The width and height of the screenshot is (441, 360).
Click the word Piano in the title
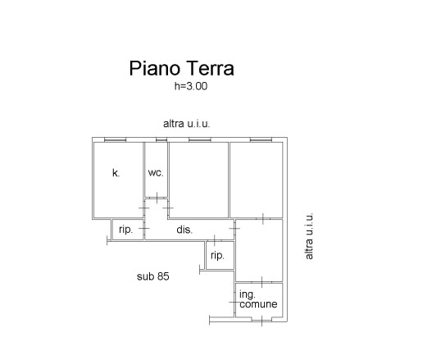tap(154, 68)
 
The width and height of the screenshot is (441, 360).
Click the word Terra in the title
tap(210, 68)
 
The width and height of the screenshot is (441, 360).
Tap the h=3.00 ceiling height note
tap(191, 86)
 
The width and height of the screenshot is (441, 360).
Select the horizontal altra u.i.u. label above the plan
tap(186, 124)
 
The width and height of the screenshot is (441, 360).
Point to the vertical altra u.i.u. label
tap(309, 236)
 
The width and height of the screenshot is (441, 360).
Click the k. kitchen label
tap(116, 172)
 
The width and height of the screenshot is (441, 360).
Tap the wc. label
tap(156, 173)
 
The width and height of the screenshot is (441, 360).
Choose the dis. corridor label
tap(184, 230)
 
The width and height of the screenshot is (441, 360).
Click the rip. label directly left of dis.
tap(125, 230)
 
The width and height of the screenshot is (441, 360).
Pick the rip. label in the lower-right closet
tap(217, 256)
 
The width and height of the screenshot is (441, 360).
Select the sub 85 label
tap(153, 276)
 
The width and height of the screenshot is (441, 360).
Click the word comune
tap(258, 304)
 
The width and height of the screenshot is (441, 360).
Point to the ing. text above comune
tap(248, 295)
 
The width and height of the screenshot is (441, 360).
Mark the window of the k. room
tap(115, 139)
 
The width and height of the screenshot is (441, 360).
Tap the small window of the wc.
tap(161, 139)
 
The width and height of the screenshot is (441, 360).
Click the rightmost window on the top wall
tap(261, 139)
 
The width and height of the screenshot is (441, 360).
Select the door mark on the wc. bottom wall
tap(157, 198)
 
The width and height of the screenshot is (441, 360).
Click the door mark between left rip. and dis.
tap(144, 228)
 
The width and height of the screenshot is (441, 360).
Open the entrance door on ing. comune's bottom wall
tap(261, 321)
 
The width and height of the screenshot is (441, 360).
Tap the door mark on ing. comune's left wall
tap(234, 302)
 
